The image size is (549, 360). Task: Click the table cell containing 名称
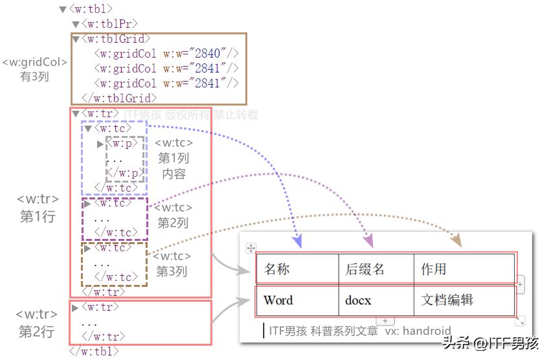[x=297, y=269]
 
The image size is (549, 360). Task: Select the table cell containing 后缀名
[x=376, y=269]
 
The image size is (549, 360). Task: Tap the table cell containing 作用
[x=464, y=269]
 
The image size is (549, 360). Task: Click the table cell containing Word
[x=297, y=300]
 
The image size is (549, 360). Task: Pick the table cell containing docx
[x=376, y=300]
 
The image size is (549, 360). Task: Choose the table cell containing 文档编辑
[x=464, y=300]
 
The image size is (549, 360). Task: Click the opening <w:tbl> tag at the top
[x=91, y=9]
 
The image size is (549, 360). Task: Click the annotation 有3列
[x=35, y=76]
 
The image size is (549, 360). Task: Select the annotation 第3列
[x=172, y=271]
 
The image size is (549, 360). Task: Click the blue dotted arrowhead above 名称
[x=297, y=243]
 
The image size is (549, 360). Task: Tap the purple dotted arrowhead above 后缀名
[x=368, y=242]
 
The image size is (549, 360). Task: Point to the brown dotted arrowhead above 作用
[x=456, y=242]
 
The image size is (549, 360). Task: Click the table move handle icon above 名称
[x=252, y=248]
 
